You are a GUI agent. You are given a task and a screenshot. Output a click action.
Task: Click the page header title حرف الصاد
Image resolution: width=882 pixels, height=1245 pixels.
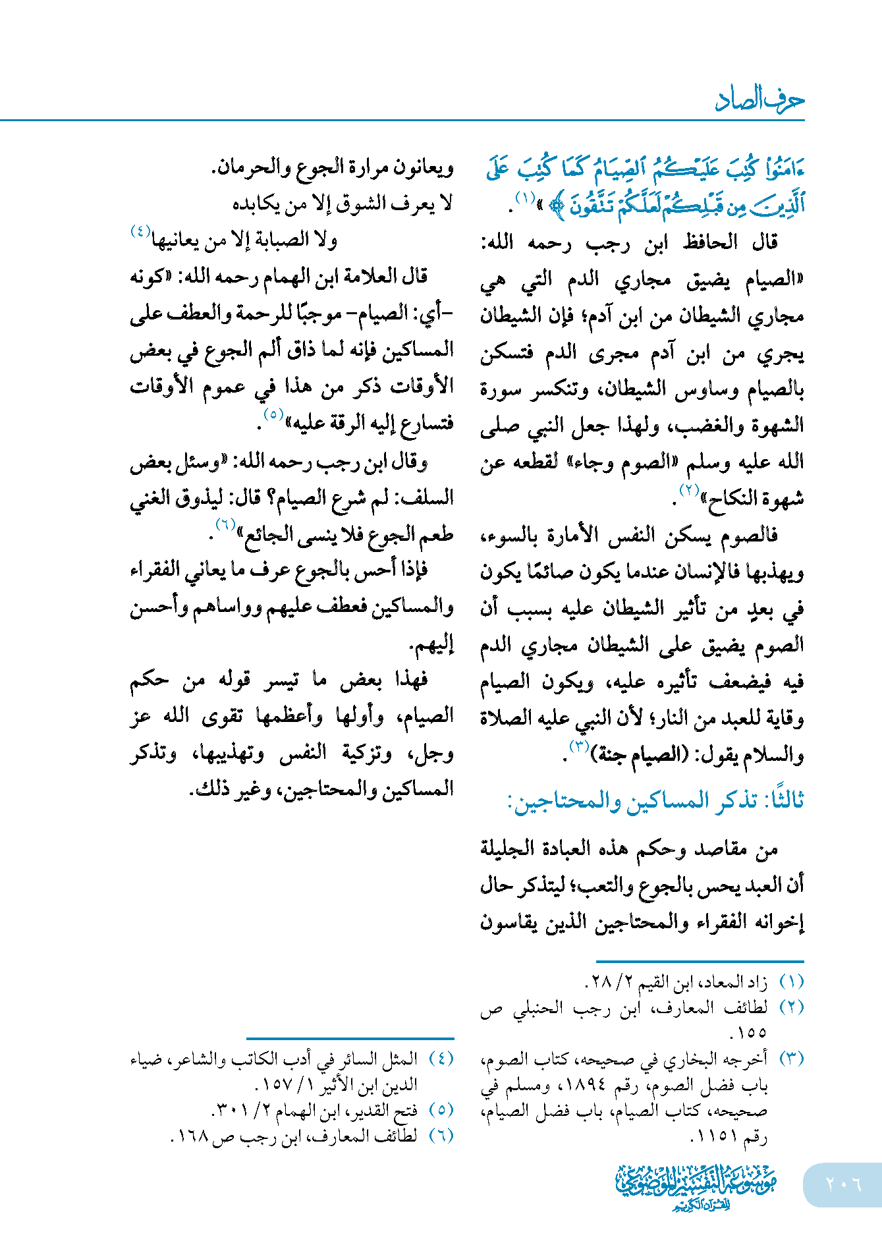point(759,100)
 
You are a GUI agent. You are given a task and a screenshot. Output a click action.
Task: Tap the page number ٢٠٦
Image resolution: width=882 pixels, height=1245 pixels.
point(843,1184)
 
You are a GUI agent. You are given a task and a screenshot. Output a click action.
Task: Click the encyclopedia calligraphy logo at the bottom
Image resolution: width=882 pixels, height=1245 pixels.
point(696,1186)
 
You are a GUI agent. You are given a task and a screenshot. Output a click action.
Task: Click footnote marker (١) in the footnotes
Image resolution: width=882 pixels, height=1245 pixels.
point(791,982)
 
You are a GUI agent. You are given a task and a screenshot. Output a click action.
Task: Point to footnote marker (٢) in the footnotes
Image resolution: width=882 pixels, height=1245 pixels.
point(791,1007)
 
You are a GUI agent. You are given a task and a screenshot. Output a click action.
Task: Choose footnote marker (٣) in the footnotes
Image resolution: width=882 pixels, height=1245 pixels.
point(791,1059)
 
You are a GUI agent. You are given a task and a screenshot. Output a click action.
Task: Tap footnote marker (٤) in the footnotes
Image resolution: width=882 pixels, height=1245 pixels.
point(441,1059)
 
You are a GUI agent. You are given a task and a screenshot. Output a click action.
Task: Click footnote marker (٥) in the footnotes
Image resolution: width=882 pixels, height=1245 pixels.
point(441,1110)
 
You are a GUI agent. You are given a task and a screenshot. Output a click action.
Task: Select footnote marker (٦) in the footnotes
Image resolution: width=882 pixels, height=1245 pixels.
point(441,1135)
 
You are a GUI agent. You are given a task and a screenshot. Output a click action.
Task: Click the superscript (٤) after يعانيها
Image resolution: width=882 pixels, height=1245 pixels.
point(140,231)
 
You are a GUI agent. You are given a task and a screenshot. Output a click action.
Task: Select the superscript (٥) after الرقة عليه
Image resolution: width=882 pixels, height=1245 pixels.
point(273,414)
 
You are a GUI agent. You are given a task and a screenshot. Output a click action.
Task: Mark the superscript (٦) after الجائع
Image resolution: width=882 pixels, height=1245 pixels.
point(225,524)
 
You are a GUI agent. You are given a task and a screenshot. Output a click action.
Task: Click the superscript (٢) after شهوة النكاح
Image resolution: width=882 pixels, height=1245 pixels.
point(689,489)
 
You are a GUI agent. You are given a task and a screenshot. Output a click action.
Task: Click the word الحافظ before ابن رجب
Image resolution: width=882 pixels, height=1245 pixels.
point(709,242)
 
